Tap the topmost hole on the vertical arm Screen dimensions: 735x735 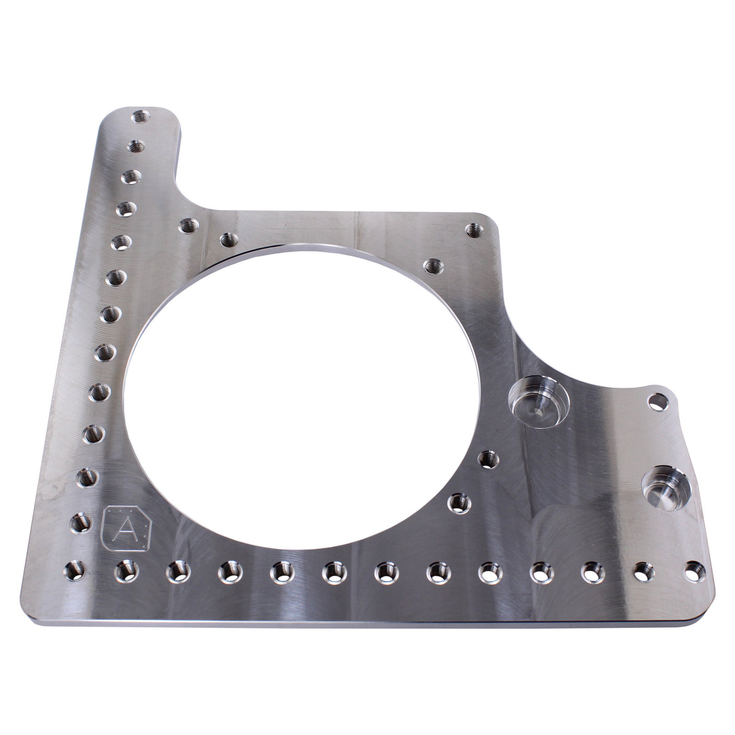click(140, 116)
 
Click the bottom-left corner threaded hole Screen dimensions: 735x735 click(72, 569)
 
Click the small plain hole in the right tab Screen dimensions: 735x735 click(655, 402)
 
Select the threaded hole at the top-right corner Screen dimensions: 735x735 click(474, 229)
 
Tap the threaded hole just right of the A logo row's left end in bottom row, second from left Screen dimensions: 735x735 click(126, 569)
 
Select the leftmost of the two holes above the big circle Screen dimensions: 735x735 click(187, 227)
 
